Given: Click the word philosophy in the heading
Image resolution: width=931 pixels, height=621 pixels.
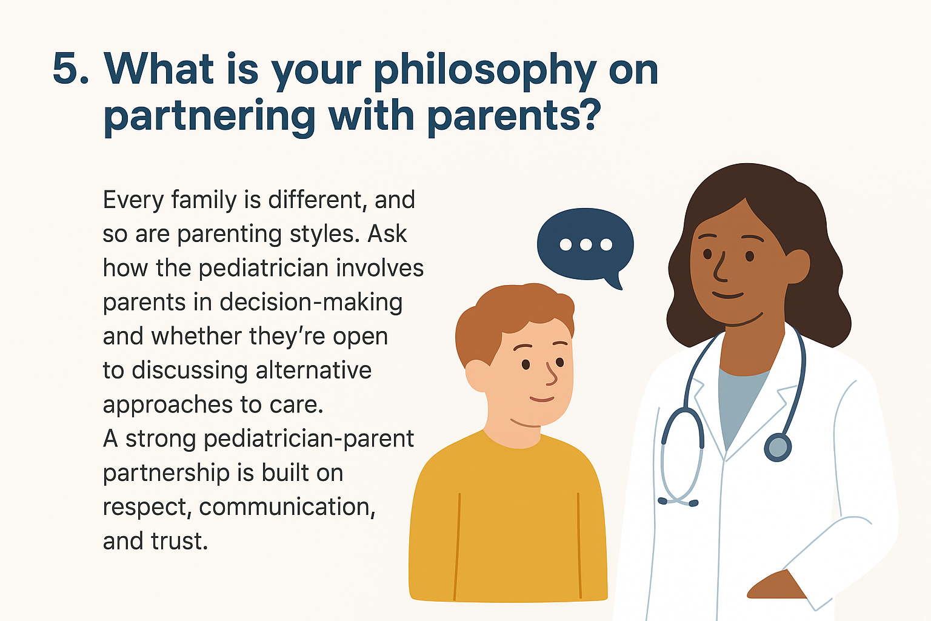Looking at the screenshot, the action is click(485, 71).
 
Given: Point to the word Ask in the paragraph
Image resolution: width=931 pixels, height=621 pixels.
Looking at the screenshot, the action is click(387, 234).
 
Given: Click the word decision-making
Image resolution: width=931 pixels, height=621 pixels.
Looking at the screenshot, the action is click(311, 303).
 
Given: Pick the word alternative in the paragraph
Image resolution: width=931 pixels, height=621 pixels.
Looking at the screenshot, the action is click(313, 370).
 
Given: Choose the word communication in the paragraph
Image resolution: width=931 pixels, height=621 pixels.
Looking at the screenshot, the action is click(287, 507).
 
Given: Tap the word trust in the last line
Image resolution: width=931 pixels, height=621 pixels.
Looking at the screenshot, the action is click(179, 542).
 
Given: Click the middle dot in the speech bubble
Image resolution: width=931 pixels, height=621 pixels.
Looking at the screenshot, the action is click(586, 244).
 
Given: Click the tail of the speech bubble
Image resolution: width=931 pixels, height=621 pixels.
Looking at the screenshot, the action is click(614, 281).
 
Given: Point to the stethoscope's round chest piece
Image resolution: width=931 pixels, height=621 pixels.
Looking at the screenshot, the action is click(778, 448).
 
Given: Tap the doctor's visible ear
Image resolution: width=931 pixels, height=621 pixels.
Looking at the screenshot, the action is click(797, 266).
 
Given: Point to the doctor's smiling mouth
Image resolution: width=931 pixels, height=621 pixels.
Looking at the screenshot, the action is click(727, 295).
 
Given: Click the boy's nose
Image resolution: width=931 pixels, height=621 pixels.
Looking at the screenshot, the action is click(551, 375).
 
